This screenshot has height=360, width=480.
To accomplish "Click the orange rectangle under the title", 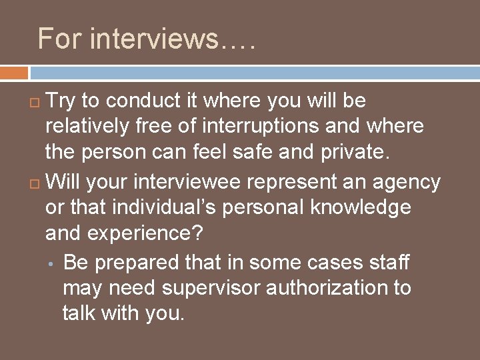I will click(x=14, y=72).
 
